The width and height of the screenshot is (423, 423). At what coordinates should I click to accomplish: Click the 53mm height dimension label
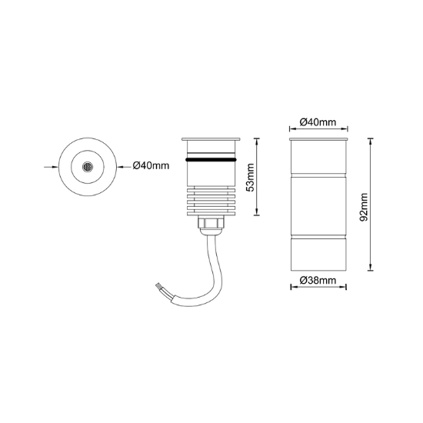coord(251,177)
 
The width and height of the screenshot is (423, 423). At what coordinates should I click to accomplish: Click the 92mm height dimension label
coord(365,207)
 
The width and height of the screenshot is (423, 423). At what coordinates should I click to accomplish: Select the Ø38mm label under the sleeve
coord(318,281)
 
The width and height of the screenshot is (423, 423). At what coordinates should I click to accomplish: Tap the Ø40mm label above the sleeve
coord(318,122)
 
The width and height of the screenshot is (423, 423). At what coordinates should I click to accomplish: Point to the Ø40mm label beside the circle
coord(151,165)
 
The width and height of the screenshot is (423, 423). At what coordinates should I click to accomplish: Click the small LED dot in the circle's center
coord(87,167)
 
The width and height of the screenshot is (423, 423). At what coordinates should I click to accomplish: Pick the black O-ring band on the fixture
coord(211,160)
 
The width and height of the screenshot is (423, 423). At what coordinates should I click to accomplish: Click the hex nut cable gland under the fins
coord(211,223)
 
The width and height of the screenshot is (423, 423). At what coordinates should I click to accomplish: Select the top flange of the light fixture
coord(211,139)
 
